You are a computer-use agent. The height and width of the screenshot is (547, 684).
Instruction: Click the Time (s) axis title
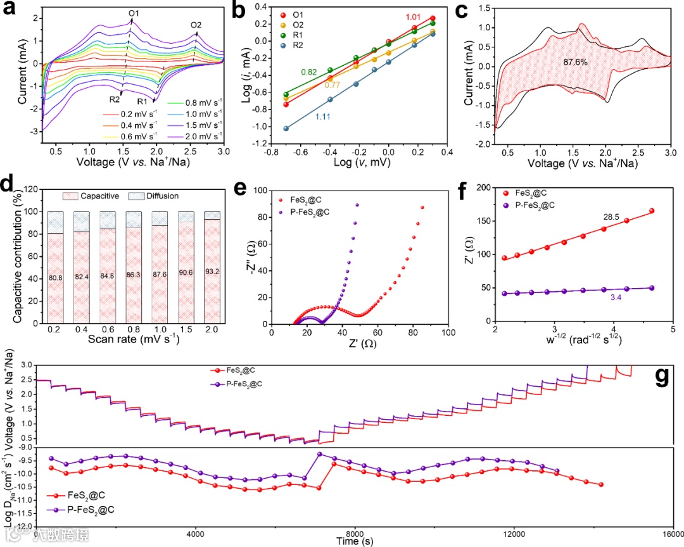[354, 541]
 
